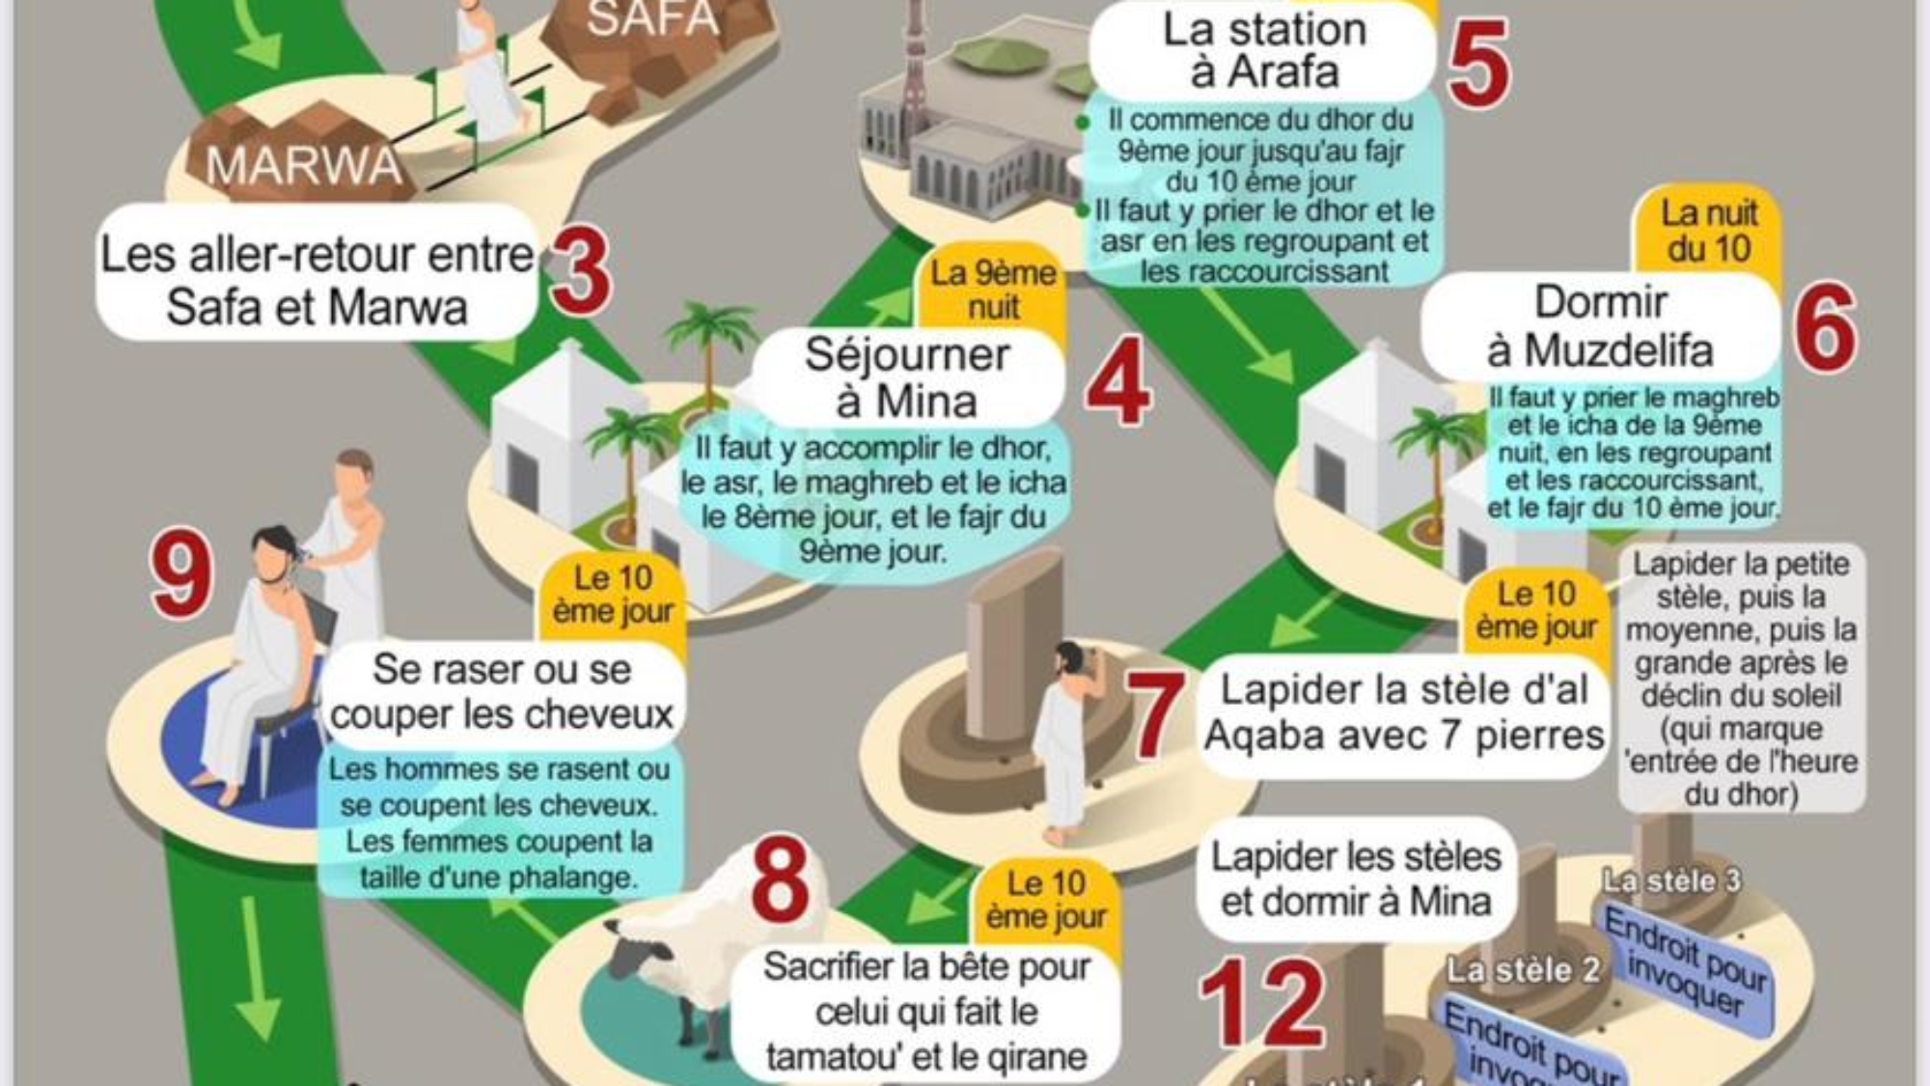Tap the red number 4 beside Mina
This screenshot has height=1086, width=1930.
tap(1117, 382)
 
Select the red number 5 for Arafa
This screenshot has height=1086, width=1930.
tap(1477, 64)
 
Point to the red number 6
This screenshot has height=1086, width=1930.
tap(1825, 328)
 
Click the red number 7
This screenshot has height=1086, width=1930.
tap(1155, 714)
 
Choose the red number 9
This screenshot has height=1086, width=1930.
tap(181, 577)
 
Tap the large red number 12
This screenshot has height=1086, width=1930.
tap(1262, 1004)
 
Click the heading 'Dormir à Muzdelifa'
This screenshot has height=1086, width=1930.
tap(1600, 326)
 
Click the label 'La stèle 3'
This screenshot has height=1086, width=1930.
tap(1670, 880)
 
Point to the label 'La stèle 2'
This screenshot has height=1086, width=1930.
tap(1522, 969)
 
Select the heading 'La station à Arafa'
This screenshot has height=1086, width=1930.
tap(1264, 50)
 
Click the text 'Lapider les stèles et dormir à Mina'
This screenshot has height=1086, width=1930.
tap(1355, 878)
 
